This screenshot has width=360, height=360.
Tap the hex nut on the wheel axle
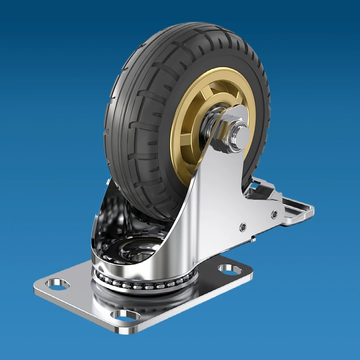tap(227, 130)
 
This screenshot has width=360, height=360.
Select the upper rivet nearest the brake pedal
tap(274, 215)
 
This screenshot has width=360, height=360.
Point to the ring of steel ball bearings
tap(144, 284)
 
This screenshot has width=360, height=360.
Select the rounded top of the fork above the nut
tap(238, 110)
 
